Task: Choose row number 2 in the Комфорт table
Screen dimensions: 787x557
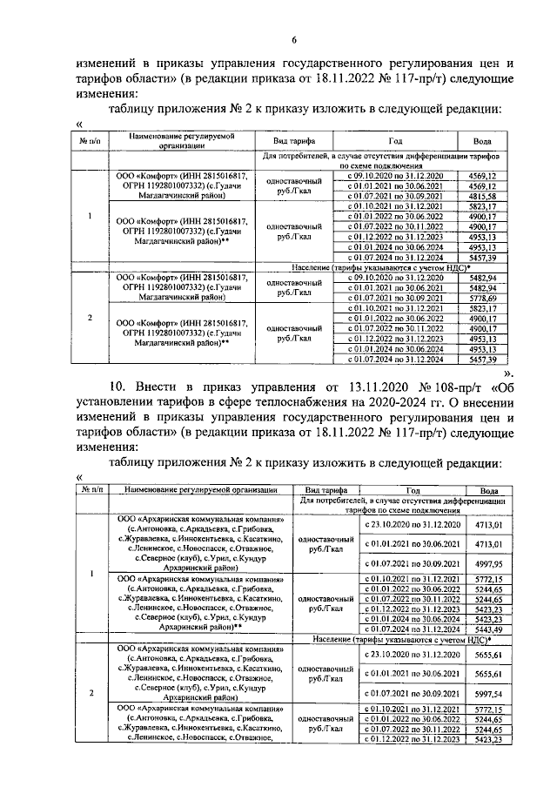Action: click(91, 317)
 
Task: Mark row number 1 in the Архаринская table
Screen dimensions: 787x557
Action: click(91, 574)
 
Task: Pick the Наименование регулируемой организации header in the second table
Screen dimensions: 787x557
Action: click(199, 490)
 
